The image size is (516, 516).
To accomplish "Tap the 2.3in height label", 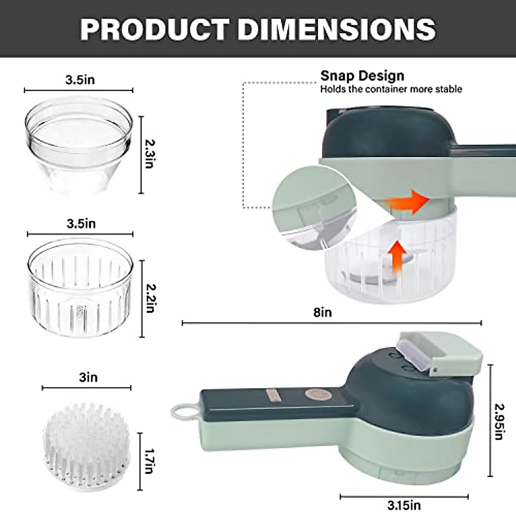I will click(149, 154).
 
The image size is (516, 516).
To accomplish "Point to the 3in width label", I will click(88, 378).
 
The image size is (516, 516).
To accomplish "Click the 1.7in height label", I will click(149, 461).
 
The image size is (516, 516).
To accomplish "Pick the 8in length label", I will click(322, 312).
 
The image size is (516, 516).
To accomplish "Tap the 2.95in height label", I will click(499, 421).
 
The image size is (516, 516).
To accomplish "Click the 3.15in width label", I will click(404, 505).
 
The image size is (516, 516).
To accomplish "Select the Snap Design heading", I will click(362, 76).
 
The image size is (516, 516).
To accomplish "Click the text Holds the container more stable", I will click(391, 89).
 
